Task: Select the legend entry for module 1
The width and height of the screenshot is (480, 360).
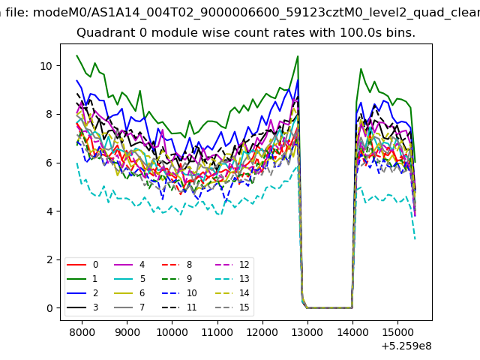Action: tap(82, 279)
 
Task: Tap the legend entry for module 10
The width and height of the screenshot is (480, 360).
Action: tap(180, 293)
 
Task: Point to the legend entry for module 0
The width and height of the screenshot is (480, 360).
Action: tap(82, 265)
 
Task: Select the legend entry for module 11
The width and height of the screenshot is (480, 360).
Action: tap(180, 307)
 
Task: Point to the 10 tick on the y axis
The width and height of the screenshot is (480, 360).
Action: tap(46, 66)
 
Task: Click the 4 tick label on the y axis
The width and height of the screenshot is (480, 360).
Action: tap(50, 211)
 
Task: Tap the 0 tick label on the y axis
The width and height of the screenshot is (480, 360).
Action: tap(50, 308)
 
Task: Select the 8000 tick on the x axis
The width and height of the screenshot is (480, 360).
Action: tap(82, 332)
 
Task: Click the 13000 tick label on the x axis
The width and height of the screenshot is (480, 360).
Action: tap(307, 332)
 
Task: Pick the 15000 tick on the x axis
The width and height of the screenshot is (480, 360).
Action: tap(398, 332)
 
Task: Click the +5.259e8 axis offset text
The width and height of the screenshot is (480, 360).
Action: tap(406, 346)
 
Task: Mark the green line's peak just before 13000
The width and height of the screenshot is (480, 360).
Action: tap(298, 56)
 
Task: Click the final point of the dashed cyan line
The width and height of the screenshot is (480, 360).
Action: tap(415, 239)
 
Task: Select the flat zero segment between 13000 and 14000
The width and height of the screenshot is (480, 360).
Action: tap(330, 307)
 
